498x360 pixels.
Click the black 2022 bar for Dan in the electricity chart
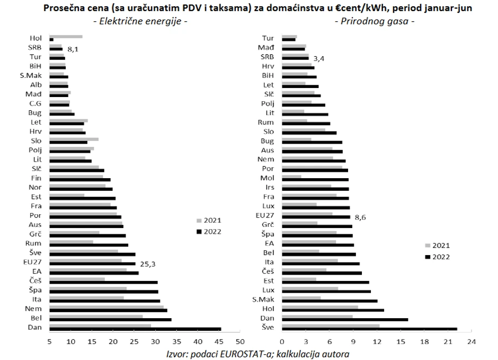pyautogui.click(x=135, y=329)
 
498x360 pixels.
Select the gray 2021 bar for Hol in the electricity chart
pyautogui.click(x=66, y=36)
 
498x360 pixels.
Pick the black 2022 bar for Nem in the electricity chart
pyautogui.click(x=108, y=310)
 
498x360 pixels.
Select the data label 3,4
pyautogui.click(x=319, y=58)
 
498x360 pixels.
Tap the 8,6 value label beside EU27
pyautogui.click(x=361, y=217)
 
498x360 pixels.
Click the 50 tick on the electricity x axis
pyautogui.click(x=239, y=341)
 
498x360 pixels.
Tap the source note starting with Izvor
pyautogui.click(x=257, y=353)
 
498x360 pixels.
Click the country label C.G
pyautogui.click(x=35, y=103)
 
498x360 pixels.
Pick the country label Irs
pyautogui.click(x=268, y=188)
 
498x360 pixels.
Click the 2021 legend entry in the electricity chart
pyautogui.click(x=209, y=221)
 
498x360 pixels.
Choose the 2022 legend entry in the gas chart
pyautogui.click(x=438, y=257)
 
